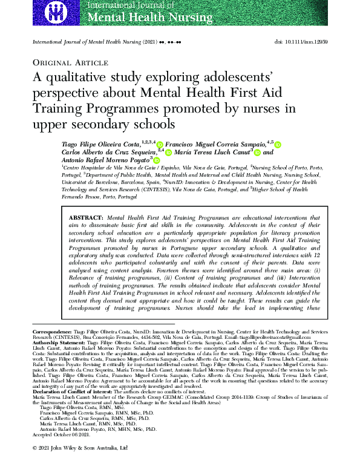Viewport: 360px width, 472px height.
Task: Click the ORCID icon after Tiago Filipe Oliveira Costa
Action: (160, 145)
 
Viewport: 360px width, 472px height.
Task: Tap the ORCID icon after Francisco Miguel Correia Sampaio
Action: (278, 145)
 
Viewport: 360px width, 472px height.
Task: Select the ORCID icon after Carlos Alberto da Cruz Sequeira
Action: (169, 153)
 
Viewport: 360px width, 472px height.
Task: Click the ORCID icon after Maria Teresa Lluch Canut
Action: (257, 153)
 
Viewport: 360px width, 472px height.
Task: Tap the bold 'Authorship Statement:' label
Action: (57, 342)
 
